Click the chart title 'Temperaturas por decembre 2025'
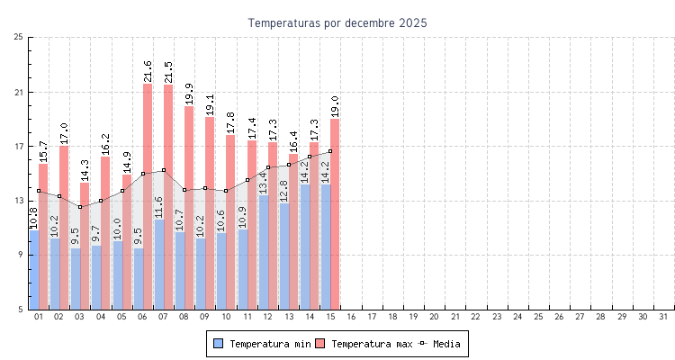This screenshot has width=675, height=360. click(337, 22)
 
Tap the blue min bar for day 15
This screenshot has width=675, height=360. click(326, 247)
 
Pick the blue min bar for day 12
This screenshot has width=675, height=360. click(263, 252)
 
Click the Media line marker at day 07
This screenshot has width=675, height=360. click(164, 170)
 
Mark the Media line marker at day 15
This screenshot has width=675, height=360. click(330, 151)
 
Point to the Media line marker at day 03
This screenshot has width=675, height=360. click(80, 207)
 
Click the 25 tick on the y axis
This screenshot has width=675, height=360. click(19, 37)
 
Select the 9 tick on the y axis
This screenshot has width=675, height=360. click(21, 255)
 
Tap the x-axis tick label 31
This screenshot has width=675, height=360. click(663, 317)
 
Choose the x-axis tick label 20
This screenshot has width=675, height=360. click(434, 317)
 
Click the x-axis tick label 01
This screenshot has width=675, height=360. click(38, 317)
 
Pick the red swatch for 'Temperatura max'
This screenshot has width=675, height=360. click(319, 344)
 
